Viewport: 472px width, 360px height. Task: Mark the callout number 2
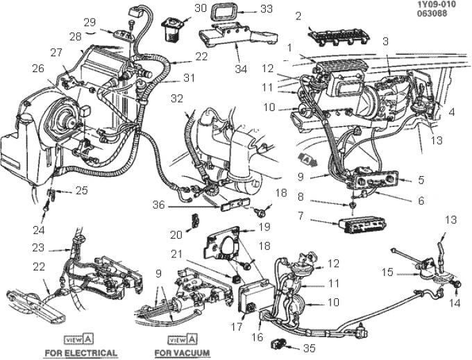[x=298, y=15]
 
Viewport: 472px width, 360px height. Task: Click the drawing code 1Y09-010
[x=436, y=5]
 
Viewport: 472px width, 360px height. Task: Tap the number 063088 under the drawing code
[x=436, y=14]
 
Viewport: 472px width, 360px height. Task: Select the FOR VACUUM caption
[x=184, y=353]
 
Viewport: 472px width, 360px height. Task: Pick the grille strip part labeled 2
[x=344, y=36]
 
